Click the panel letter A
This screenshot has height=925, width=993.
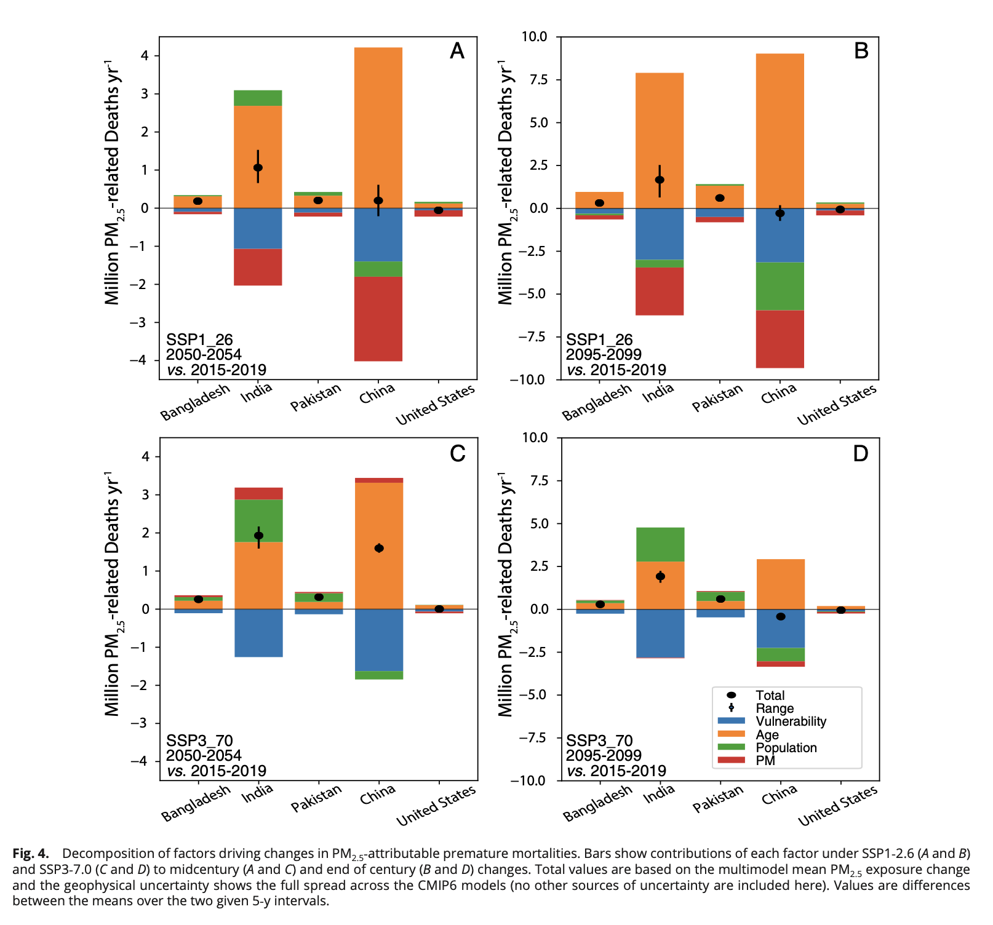point(457,50)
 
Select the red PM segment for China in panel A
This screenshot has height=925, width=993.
point(378,319)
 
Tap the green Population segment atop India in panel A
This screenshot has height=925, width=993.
point(258,98)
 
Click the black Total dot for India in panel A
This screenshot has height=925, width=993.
point(258,167)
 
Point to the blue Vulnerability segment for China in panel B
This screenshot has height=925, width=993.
point(780,236)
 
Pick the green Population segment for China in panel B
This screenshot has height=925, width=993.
point(780,286)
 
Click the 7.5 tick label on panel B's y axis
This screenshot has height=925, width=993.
point(535,79)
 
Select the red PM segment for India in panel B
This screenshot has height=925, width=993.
point(660,291)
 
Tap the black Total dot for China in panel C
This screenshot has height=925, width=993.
point(379,548)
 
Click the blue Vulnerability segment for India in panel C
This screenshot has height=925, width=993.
point(258,633)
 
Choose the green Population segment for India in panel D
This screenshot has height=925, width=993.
point(660,544)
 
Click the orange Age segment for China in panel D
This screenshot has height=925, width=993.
point(780,584)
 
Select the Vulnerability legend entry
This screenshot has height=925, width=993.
point(791,721)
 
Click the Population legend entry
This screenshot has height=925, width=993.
point(786,748)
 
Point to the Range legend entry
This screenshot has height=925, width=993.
point(775,709)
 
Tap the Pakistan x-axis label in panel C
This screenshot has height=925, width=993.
point(316,798)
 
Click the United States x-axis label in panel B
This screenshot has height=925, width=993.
point(837,405)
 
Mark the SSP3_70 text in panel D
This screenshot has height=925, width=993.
point(599,740)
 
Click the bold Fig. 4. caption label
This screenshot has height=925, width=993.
point(31,854)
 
